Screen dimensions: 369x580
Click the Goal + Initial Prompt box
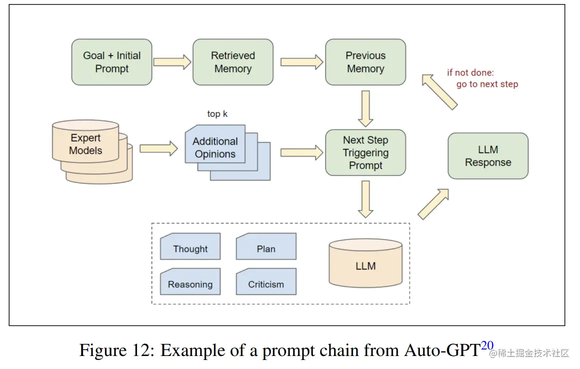(111, 62)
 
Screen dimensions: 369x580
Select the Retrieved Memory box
(233, 62)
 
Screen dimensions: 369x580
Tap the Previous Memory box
(365, 62)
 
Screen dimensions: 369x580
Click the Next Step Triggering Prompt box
(365, 152)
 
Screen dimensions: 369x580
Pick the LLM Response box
(488, 156)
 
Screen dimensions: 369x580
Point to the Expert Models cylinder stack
(86, 144)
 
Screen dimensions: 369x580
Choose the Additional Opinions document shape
(215, 147)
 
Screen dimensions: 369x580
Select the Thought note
(190, 248)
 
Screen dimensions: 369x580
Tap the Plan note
(266, 248)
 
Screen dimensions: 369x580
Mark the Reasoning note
(190, 283)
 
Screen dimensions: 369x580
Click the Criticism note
(266, 283)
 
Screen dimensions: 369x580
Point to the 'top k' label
(217, 114)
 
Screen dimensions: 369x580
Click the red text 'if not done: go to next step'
(482, 78)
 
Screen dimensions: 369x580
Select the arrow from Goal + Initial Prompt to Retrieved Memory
(172, 62)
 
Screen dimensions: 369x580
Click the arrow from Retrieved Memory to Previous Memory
(301, 62)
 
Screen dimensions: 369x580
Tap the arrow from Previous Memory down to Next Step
(365, 108)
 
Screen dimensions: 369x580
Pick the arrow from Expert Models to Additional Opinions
(158, 148)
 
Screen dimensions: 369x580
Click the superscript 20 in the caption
(487, 345)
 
